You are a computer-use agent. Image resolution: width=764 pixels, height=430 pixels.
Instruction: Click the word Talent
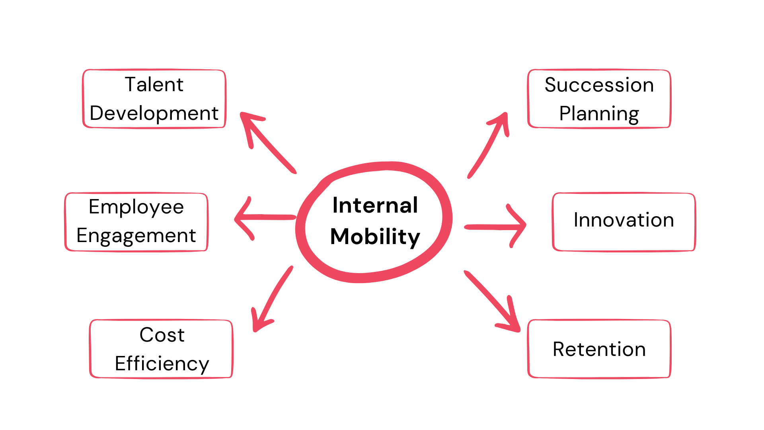(x=154, y=85)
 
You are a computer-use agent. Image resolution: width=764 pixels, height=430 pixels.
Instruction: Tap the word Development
(x=154, y=113)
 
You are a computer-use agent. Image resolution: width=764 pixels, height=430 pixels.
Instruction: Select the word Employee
(x=136, y=207)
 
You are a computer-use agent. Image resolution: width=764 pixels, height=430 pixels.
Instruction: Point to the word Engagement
(x=136, y=236)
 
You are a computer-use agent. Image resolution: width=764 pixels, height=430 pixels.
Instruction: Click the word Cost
(x=162, y=335)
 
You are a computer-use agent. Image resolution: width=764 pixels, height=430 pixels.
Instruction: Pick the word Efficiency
(x=162, y=364)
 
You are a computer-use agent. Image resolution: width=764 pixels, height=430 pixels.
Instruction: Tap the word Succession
(x=599, y=85)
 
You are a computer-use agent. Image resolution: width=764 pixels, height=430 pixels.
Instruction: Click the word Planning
(x=599, y=114)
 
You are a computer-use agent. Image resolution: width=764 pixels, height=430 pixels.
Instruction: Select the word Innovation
(x=624, y=220)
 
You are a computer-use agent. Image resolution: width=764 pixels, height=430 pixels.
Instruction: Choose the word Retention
(x=599, y=349)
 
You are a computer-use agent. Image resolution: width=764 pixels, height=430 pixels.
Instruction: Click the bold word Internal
(x=375, y=205)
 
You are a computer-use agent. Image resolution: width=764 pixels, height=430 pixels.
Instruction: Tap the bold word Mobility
(x=375, y=236)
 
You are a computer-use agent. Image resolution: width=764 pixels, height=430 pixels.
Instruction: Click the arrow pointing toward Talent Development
(x=271, y=146)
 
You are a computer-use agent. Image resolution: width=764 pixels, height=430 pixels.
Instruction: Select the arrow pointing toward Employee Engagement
(x=267, y=217)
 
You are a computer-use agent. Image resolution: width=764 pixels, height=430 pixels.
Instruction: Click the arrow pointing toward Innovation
(x=493, y=227)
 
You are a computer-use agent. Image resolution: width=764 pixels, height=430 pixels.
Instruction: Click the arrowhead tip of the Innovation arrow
(x=525, y=225)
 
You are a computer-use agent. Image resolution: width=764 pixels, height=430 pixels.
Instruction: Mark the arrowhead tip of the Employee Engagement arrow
(x=236, y=218)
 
